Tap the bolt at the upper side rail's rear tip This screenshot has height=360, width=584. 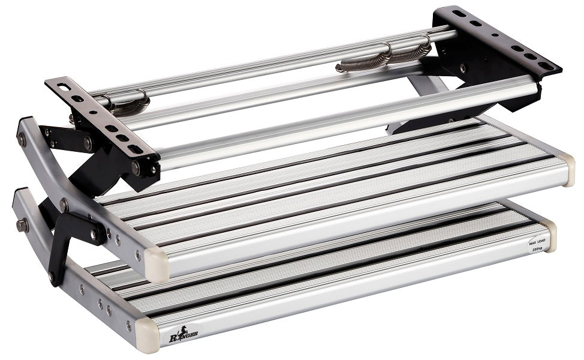22,139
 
